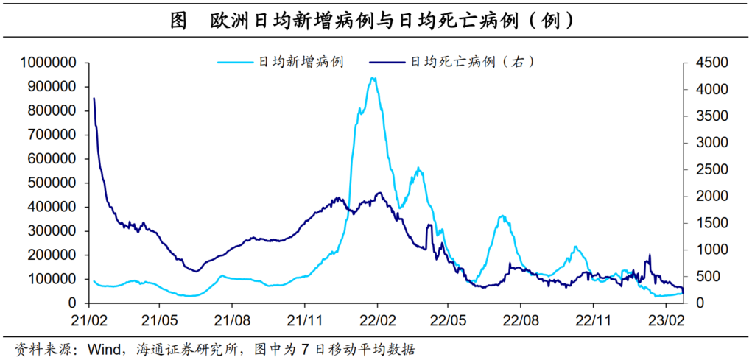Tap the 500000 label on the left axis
pos(52,183)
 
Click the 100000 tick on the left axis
pos(52,279)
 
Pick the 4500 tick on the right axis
pos(703,63)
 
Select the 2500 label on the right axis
pos(703,169)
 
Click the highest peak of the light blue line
pos(373,78)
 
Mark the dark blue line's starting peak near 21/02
pos(94,98)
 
